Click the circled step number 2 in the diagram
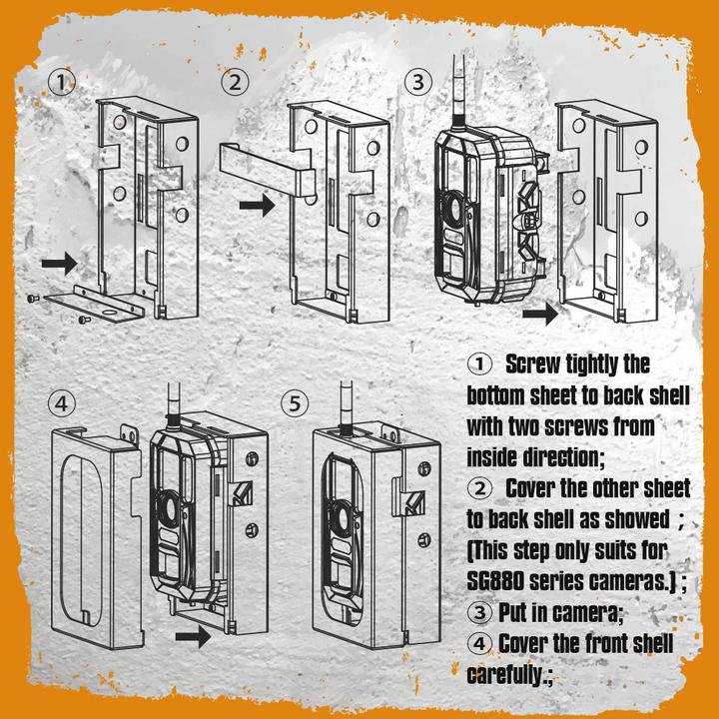235,83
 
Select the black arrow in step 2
257,206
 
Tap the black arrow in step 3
542,314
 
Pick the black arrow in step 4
193,636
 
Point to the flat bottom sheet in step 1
97,305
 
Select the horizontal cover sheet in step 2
262,165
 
